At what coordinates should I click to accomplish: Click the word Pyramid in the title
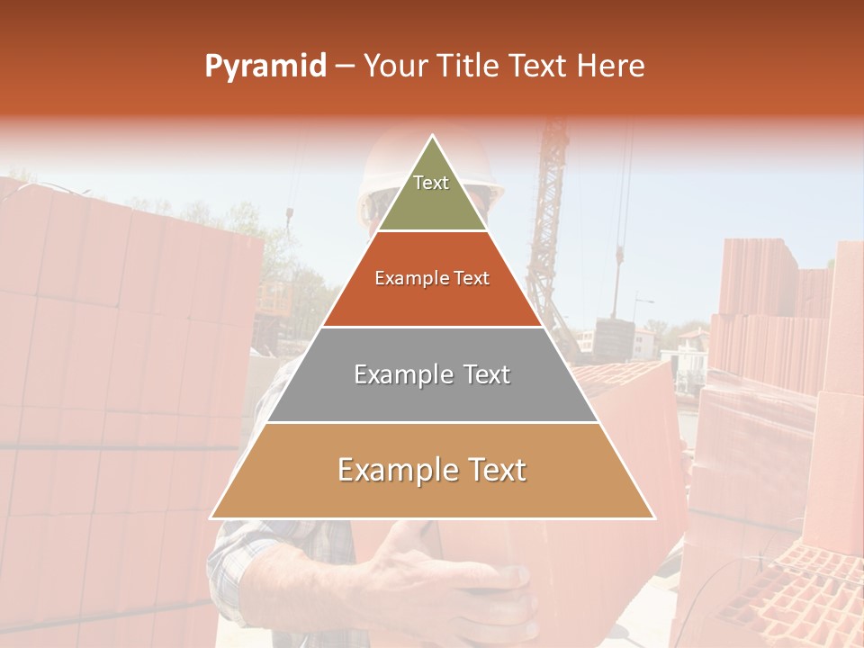point(265,66)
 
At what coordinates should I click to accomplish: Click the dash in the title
point(345,66)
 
